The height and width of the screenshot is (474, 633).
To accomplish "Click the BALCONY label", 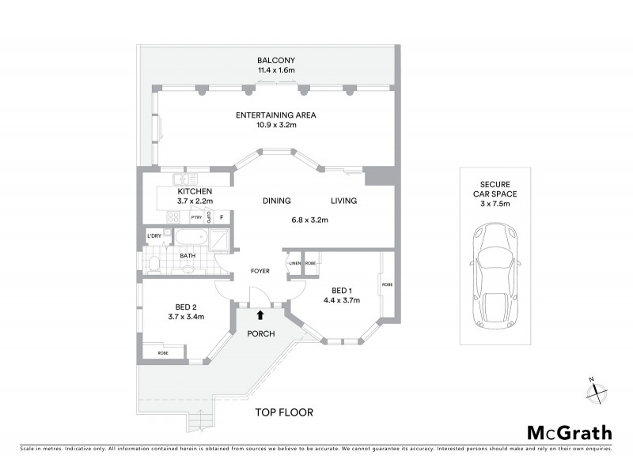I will point(275,60).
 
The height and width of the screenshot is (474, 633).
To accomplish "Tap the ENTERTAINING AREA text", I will point(275,115).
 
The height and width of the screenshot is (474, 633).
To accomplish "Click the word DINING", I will point(277,201).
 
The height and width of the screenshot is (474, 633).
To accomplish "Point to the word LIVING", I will point(343,201).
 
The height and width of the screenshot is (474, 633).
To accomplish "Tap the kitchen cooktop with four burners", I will point(172,216).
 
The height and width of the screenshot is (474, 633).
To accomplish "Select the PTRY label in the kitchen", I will point(195,217).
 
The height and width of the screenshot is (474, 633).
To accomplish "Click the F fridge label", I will point(222,217).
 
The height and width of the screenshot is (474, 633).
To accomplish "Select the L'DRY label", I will point(154,236).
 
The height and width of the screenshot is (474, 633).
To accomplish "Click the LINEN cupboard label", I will point(294,263).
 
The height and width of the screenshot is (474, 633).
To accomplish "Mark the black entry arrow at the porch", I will point(260,315).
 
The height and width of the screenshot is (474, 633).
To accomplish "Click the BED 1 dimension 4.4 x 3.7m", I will point(341,300).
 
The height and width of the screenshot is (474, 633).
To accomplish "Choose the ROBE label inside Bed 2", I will point(162,352).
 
